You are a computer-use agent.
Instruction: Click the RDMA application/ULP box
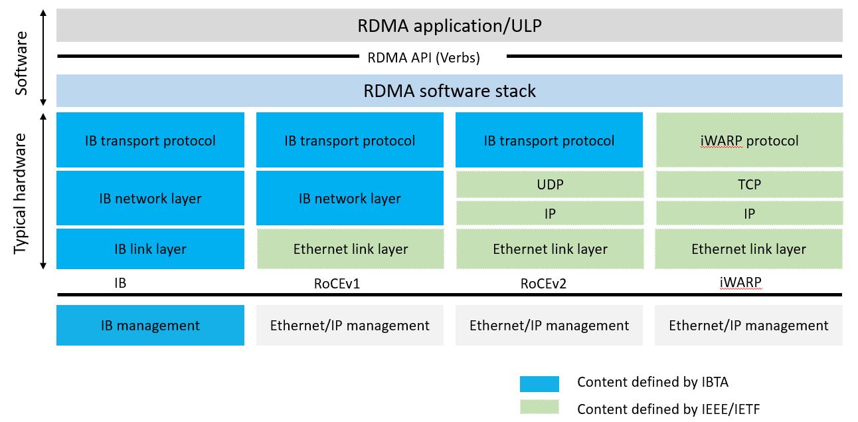pyautogui.click(x=449, y=26)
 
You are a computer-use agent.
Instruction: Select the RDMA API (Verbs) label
pyautogui.click(x=423, y=58)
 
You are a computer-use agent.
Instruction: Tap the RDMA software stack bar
pyautogui.click(x=449, y=91)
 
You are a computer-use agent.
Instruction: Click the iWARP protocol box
pyautogui.click(x=748, y=140)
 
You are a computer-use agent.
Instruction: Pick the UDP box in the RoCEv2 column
pyautogui.click(x=549, y=185)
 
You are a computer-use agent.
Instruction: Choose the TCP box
pyautogui.click(x=748, y=185)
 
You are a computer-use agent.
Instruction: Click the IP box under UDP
pyautogui.click(x=549, y=213)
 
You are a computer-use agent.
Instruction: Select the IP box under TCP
pyautogui.click(x=748, y=213)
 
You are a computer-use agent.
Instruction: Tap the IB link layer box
pyautogui.click(x=150, y=249)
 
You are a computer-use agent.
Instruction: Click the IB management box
pyautogui.click(x=150, y=326)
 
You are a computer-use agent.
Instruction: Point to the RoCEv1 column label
pyautogui.click(x=336, y=284)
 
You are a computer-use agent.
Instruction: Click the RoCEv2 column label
pyautogui.click(x=543, y=284)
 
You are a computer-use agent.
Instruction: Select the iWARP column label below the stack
pyautogui.click(x=740, y=282)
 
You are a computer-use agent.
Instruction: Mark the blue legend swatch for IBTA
pyautogui.click(x=539, y=383)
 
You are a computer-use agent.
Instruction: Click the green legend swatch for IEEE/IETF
pyautogui.click(x=539, y=407)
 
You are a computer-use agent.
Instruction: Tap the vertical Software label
pyautogui.click(x=22, y=63)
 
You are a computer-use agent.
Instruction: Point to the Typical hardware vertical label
pyautogui.click(x=22, y=193)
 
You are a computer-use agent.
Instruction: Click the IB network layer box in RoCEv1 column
pyautogui.click(x=349, y=199)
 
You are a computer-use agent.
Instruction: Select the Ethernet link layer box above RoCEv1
pyautogui.click(x=350, y=249)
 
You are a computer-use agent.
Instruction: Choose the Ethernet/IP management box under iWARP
pyautogui.click(x=748, y=326)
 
